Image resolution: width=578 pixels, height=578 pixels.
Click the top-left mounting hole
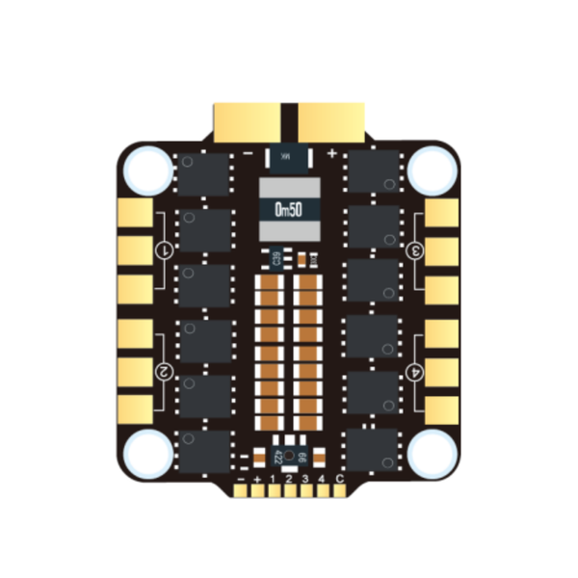(x=146, y=170)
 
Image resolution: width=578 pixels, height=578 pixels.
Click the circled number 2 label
(x=164, y=371)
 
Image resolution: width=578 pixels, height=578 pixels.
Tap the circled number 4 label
(x=417, y=371)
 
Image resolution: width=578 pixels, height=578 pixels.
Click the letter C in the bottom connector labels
(x=339, y=479)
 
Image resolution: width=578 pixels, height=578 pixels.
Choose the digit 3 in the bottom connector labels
(x=305, y=479)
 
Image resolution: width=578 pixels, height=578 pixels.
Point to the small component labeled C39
(x=276, y=258)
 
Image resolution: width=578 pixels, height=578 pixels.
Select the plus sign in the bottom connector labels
(x=256, y=479)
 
